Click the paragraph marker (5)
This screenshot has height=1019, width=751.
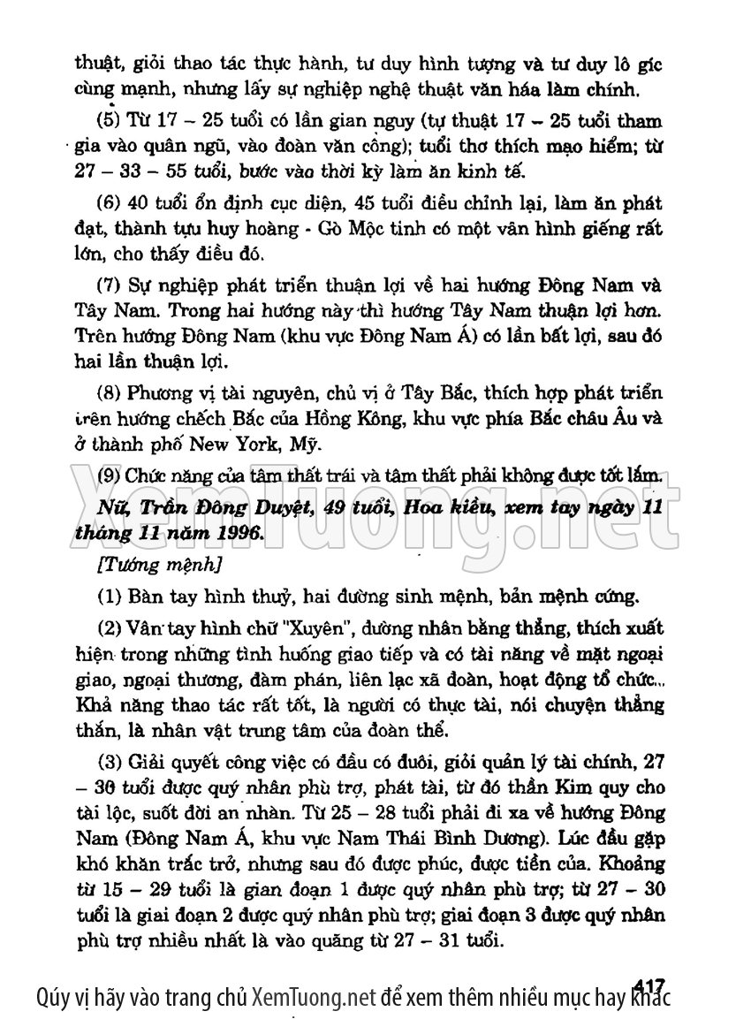108,121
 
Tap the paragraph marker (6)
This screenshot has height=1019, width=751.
108,203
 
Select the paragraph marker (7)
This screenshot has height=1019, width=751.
108,286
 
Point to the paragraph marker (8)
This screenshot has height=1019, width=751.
108,392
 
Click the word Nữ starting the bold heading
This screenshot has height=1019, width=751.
115,508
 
